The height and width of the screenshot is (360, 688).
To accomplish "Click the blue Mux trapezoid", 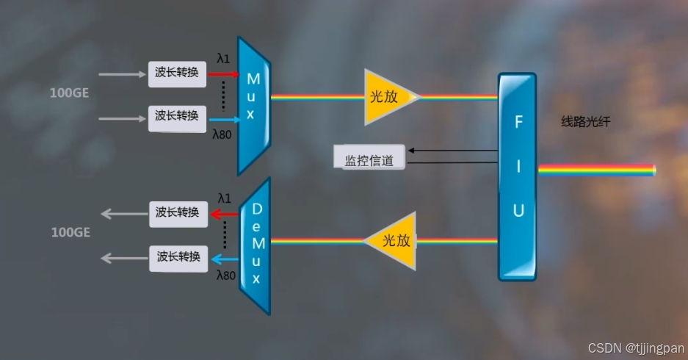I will [253, 106].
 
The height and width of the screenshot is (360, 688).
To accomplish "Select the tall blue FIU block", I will [518, 176].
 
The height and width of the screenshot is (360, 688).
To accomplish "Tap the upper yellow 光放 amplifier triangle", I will [386, 97].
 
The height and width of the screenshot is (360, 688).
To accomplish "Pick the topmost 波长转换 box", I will [176, 73].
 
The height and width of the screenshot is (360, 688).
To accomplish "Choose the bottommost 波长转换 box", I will [178, 257].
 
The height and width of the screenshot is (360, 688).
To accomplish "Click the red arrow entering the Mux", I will [223, 73].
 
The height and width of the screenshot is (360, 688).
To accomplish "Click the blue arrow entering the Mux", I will [223, 118].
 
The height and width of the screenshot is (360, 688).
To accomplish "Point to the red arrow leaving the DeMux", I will [223, 214].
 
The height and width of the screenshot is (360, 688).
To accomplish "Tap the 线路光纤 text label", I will [586, 122].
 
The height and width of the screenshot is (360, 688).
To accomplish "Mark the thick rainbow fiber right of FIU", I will [595, 170].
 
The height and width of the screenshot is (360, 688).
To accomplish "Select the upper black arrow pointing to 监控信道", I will [452, 150].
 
